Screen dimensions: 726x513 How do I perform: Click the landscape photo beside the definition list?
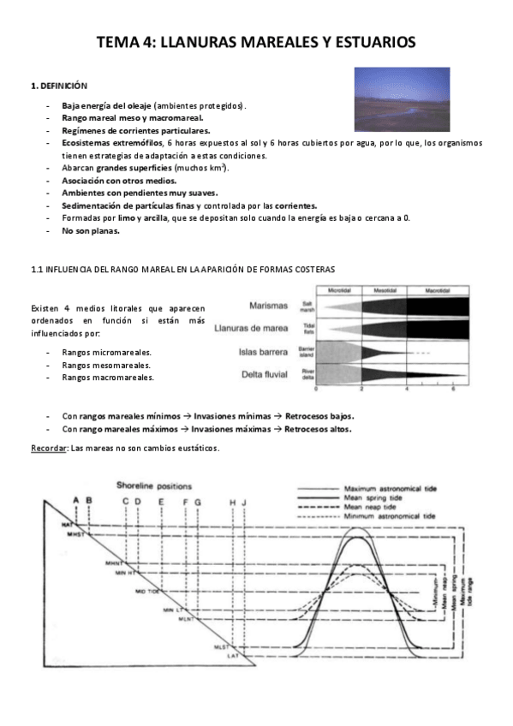coord(402,99)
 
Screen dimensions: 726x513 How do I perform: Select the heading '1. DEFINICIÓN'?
coord(59,86)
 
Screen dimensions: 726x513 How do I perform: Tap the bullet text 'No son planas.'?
coord(91,230)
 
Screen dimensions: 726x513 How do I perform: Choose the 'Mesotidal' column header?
coord(385,290)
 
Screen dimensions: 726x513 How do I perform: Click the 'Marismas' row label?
coord(271,306)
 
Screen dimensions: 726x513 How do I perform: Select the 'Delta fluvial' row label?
coord(265,372)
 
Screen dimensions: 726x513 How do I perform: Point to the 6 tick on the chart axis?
coord(451,389)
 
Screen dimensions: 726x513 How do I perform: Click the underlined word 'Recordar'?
coord(48,448)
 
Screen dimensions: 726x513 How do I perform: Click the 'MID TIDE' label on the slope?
coord(148,592)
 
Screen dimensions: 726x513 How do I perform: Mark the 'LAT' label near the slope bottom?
coord(232,656)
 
